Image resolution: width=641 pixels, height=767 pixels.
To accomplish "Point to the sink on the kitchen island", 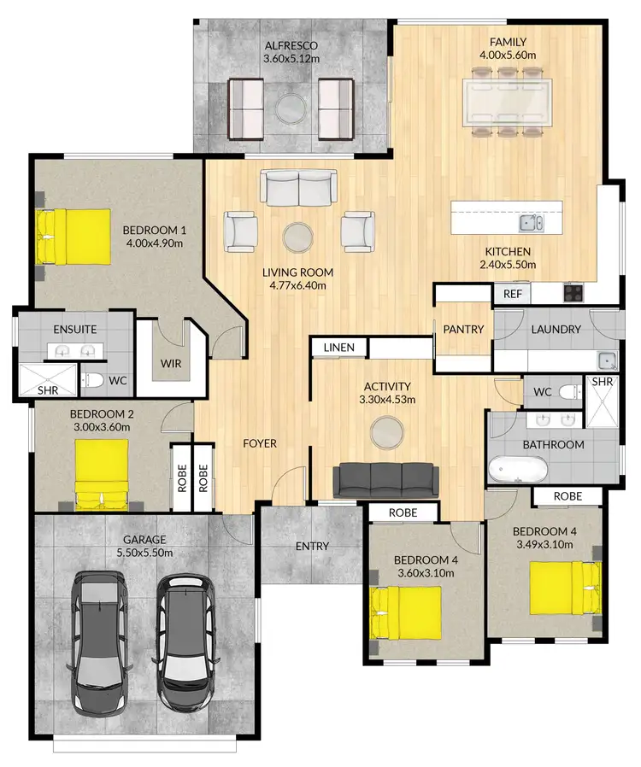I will pos(531,223).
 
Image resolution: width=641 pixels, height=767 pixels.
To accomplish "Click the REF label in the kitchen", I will pos(512,294).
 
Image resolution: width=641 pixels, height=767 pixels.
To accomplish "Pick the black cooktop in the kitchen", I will pos(573,293).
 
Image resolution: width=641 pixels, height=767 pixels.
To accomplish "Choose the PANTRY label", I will pos(463,330).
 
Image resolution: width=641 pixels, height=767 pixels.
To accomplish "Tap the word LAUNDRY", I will pos(556,330).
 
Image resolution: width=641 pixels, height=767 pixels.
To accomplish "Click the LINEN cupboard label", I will pos(338,348).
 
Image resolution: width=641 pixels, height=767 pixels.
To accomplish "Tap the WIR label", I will pos(171,363).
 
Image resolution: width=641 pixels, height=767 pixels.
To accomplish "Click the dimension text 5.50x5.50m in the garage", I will pos(144,553).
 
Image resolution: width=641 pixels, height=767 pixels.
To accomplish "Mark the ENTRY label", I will pos(312,547).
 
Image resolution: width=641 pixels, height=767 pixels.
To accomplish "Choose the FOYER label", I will pos(259,443).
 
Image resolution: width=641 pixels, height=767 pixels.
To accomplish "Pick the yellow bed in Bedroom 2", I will pos(103,475).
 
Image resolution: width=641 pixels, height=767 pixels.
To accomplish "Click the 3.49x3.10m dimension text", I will pos(545,543).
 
